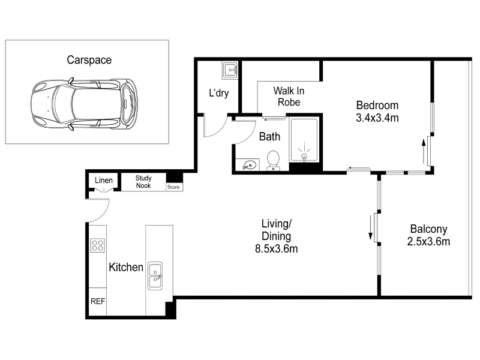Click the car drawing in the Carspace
(x=84, y=104)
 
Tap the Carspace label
(x=89, y=60)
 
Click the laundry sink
(x=230, y=70)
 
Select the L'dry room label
(x=218, y=93)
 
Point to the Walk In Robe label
(x=289, y=97)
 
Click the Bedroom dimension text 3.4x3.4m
(x=377, y=118)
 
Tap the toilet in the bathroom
(x=273, y=160)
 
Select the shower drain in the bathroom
(x=304, y=157)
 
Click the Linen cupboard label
(x=103, y=181)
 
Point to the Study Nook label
(x=143, y=182)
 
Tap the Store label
(x=173, y=187)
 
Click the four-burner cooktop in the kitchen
(x=98, y=245)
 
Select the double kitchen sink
(x=155, y=276)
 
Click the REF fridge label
(x=98, y=302)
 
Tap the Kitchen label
(x=126, y=267)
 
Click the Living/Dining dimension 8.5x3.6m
(x=277, y=249)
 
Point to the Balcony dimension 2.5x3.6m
(x=428, y=242)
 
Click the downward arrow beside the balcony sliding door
(x=370, y=228)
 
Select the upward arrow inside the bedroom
(x=424, y=151)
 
